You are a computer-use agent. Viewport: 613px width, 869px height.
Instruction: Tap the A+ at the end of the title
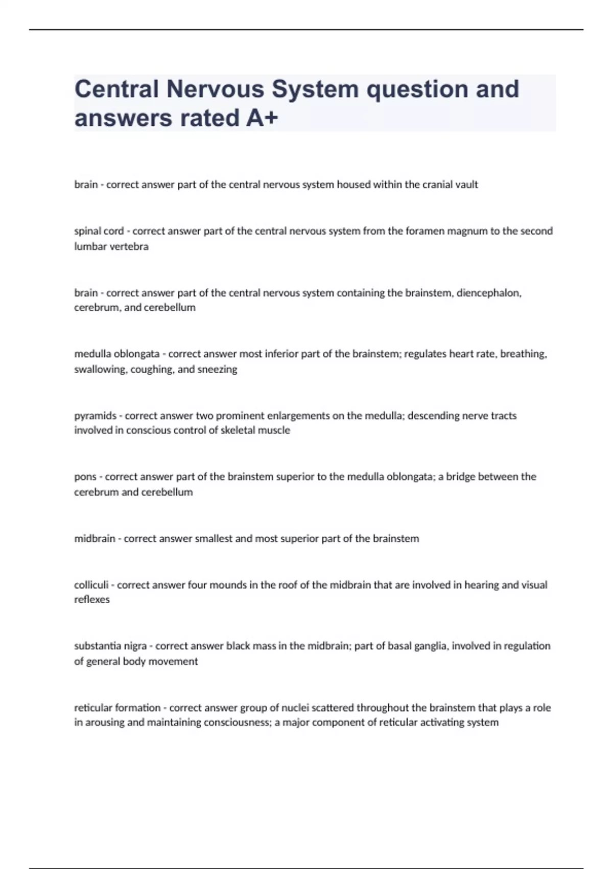coord(262,118)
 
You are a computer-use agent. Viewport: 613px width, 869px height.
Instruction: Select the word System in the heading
coord(315,89)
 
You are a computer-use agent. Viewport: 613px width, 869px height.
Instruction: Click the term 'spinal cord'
coord(99,231)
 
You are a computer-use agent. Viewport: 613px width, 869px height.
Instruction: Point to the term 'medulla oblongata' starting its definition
coord(116,354)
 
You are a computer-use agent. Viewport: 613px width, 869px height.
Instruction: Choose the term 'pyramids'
coord(96,416)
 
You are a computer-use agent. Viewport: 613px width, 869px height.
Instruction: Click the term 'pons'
coord(85,477)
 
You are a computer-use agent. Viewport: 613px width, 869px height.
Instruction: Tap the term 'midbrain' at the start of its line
coord(95,538)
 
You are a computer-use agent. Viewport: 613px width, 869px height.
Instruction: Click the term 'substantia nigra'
coord(110,646)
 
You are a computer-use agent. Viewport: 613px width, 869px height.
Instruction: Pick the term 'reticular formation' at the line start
coord(117,708)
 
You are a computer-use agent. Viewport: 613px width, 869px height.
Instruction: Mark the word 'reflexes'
coord(92,600)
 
